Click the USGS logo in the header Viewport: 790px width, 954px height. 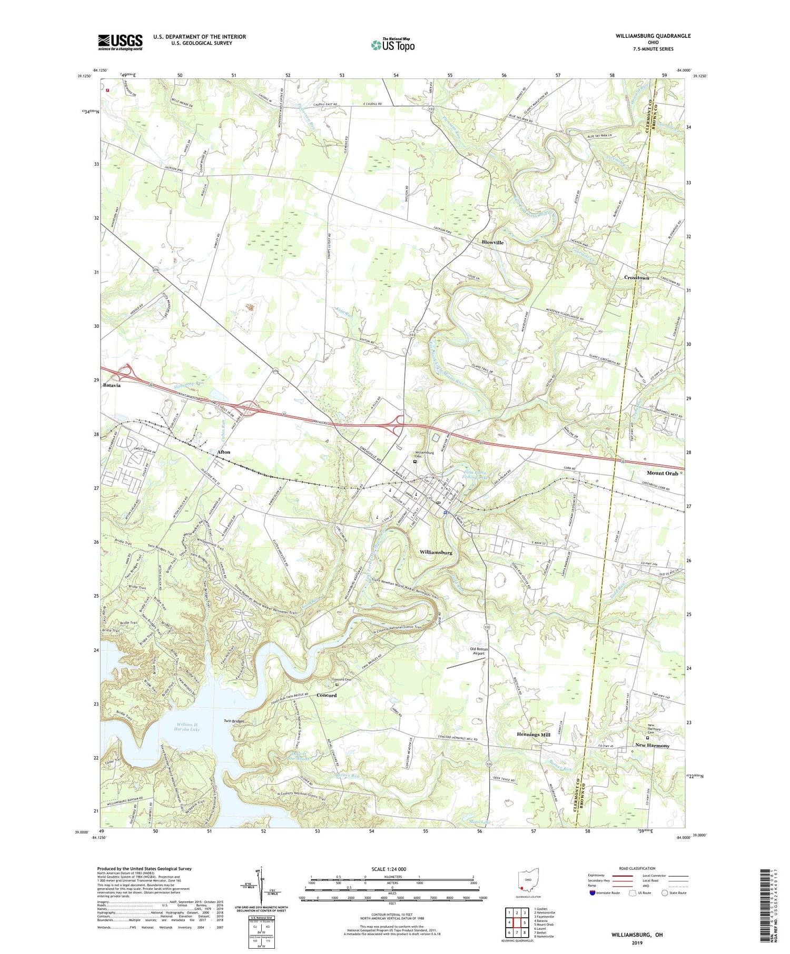[120, 42]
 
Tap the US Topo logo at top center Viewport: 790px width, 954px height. [392, 45]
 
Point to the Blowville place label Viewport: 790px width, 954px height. [492, 243]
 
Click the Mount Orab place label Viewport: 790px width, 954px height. [662, 473]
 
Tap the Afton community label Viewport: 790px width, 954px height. [223, 452]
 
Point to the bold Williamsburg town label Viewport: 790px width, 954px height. [436, 553]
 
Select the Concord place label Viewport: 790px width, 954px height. [326, 695]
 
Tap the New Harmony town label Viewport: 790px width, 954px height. [652, 745]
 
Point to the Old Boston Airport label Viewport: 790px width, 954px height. [479, 651]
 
